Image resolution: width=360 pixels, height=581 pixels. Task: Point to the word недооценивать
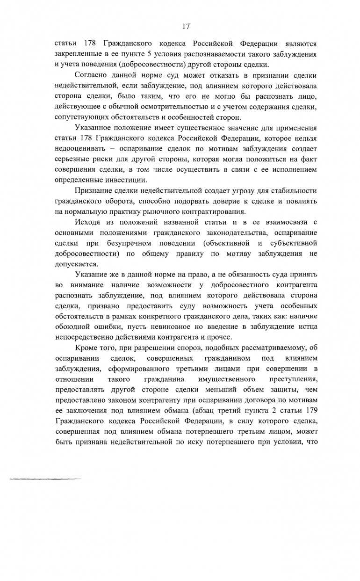pyautogui.click(x=79, y=149)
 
